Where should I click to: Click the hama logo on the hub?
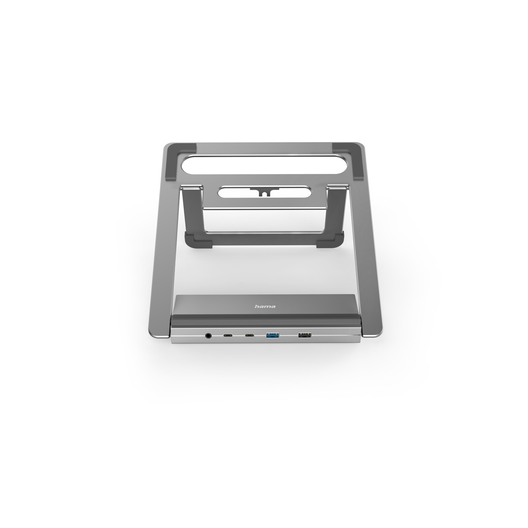click(x=265, y=307)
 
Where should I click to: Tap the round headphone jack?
click(x=208, y=336)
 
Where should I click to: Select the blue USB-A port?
click(x=273, y=336)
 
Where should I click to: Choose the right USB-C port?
click(x=249, y=336)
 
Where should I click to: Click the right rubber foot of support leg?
click(x=330, y=239)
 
